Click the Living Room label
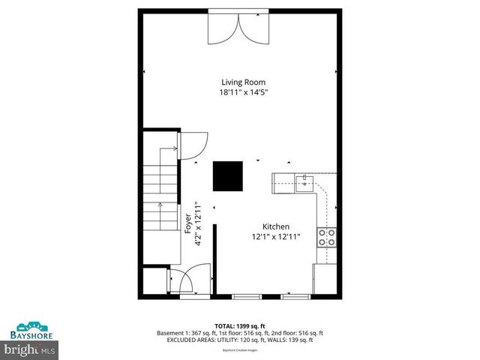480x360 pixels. (x=242, y=82)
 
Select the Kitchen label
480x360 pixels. (x=275, y=226)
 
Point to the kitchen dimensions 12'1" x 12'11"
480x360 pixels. (x=275, y=237)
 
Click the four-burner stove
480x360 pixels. (x=327, y=238)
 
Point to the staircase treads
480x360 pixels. (x=160, y=191)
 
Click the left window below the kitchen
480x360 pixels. (x=246, y=296)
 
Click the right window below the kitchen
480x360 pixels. (x=295, y=296)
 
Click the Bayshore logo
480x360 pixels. (x=30, y=330)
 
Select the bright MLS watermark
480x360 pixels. (x=30, y=349)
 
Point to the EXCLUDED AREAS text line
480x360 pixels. (x=238, y=340)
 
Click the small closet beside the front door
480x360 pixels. (x=156, y=282)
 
